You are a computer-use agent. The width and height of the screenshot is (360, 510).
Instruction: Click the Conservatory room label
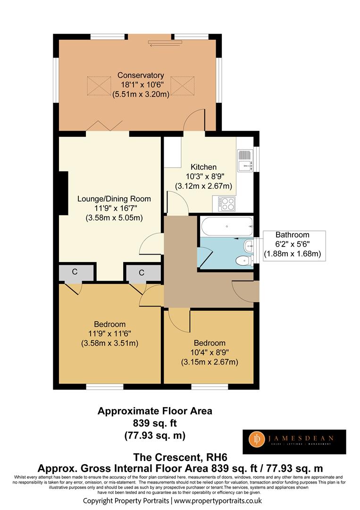pyautogui.click(x=141, y=75)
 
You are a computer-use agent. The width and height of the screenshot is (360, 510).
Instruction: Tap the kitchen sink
pyautogui.click(x=245, y=161)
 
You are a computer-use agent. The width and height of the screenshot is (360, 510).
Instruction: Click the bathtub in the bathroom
pyautogui.click(x=227, y=226)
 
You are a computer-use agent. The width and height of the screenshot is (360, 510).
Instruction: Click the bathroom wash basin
pyautogui.click(x=249, y=246)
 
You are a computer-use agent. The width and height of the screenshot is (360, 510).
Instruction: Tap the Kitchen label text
pyautogui.click(x=203, y=167)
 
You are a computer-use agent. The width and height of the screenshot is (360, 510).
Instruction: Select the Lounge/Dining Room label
pyautogui.click(x=114, y=199)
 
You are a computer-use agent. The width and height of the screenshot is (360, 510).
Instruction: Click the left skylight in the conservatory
pyautogui.click(x=99, y=86)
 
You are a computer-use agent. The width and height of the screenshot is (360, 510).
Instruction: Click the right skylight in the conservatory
pyautogui.click(x=182, y=86)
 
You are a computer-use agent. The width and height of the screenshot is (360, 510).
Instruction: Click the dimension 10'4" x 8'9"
pyautogui.click(x=209, y=352)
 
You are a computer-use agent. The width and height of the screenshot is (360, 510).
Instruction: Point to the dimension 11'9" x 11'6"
pyautogui.click(x=110, y=333)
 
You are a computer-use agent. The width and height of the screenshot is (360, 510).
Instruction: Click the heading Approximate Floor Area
pyautogui.click(x=155, y=411)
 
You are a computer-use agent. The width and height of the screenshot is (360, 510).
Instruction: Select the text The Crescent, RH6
pyautogui.click(x=180, y=457)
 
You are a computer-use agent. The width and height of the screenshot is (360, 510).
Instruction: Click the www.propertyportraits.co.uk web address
pyautogui.click(x=218, y=501)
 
